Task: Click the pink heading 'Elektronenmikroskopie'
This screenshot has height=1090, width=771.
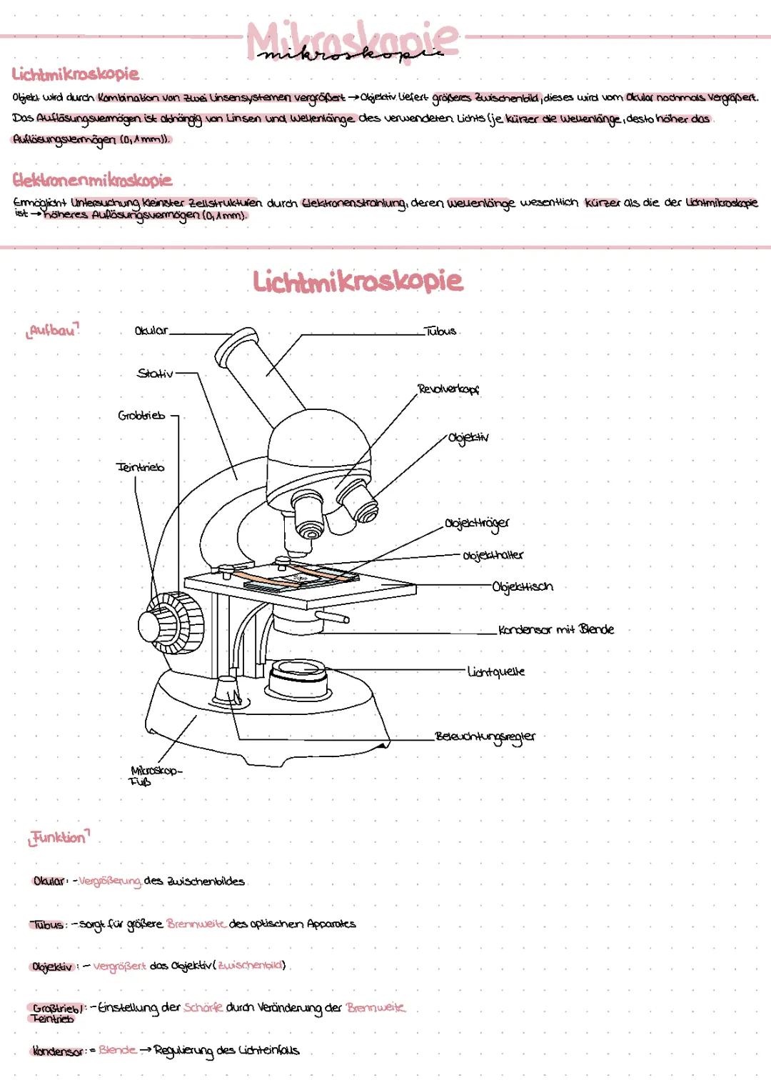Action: point(92,180)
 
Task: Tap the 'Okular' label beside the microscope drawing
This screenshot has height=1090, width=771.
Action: point(151,331)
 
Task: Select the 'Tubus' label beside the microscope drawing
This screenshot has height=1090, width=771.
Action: point(440,331)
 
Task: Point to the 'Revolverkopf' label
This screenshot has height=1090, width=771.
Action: point(448,390)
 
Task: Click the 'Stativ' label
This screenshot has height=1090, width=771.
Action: point(155,374)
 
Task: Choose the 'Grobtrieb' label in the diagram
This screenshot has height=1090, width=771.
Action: point(141,416)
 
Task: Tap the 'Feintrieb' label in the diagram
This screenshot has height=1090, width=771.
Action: point(141,467)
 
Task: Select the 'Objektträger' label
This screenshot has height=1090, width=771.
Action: point(477,524)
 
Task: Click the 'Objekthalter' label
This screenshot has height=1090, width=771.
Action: point(493,555)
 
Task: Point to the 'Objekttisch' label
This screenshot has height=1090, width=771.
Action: point(523,587)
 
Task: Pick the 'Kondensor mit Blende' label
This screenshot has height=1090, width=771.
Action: point(556,630)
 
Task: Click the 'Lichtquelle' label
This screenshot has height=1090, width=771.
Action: point(496,672)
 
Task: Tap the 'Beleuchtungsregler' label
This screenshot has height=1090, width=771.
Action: point(485,736)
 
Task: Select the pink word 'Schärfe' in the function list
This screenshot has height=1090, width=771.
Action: point(203,1007)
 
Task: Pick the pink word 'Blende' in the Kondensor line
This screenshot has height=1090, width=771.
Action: point(117,1050)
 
